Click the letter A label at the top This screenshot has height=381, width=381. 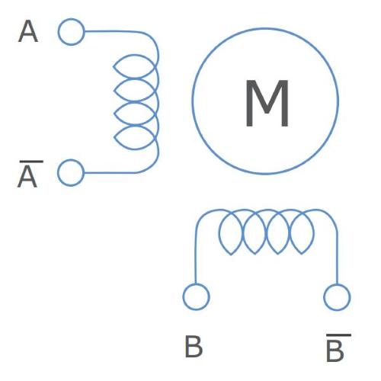tap(28, 31)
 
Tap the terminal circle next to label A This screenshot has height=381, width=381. tap(71, 32)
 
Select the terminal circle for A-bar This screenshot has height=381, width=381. tap(71, 173)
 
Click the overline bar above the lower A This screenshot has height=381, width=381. tap(31, 162)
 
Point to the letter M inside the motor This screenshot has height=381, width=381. tap(267, 103)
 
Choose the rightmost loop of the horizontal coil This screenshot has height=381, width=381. tap(313, 232)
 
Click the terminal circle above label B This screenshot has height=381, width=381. tap(196, 296)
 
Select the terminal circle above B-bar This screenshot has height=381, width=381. tap(337, 297)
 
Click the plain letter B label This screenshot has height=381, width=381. tap(194, 347)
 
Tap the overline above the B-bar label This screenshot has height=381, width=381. tap(339, 335)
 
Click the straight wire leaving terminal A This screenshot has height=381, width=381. tap(109, 31)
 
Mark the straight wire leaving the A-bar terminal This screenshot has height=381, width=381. tap(109, 173)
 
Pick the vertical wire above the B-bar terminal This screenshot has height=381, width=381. tap(337, 258)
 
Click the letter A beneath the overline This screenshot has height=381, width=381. tap(27, 178)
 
